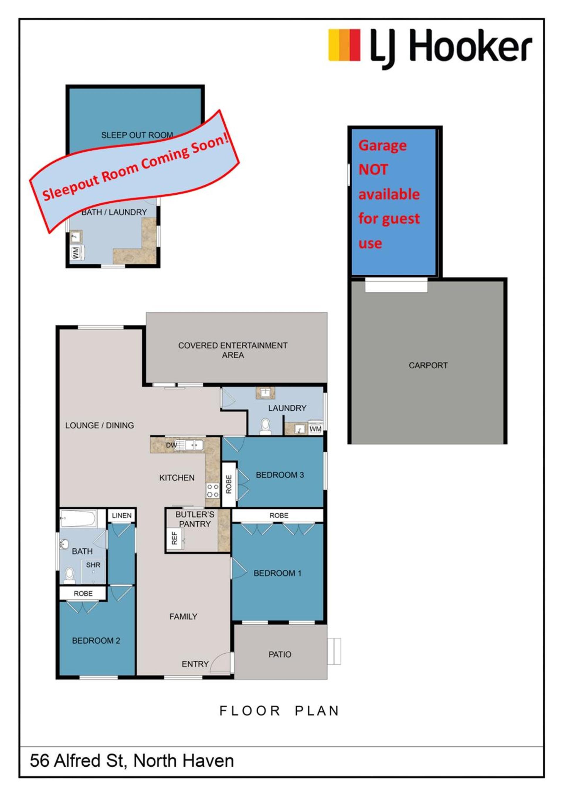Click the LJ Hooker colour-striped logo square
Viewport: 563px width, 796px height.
[x=344, y=45]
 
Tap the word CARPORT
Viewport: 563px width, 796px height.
[x=428, y=365]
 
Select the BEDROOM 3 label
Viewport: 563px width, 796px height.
[x=280, y=475]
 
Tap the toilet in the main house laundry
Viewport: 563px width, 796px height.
[x=265, y=426]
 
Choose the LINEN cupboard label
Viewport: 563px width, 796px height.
[x=122, y=516]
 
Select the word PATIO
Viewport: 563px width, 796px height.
[x=280, y=655]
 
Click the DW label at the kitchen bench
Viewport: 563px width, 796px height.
[x=171, y=445]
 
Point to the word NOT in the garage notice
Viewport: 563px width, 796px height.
[x=373, y=170]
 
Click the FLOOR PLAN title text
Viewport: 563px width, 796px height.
[x=279, y=711]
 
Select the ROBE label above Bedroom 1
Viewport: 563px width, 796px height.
[x=279, y=516]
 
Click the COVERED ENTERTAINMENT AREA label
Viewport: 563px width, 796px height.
[x=233, y=350]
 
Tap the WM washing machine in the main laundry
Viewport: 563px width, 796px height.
[x=315, y=429]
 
